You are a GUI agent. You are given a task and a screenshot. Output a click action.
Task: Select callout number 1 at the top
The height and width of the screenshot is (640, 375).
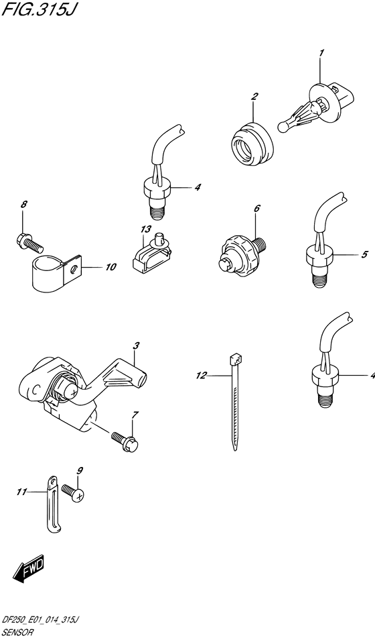tap(321, 53)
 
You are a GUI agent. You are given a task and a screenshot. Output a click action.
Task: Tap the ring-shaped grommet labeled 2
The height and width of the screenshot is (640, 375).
tap(250, 144)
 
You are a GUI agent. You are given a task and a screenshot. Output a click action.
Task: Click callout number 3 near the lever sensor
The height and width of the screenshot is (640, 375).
tap(136, 345)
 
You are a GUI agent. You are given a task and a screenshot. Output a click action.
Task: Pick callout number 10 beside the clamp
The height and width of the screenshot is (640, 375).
tap(110, 268)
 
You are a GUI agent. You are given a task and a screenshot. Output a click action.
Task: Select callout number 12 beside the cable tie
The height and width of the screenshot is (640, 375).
tap(202, 376)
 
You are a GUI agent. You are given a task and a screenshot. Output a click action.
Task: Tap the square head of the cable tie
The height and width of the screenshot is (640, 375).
tap(234, 360)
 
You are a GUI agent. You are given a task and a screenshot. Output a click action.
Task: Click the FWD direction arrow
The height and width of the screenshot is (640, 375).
tap(29, 569)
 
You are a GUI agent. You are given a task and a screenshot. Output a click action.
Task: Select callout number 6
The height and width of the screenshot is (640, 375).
tap(256, 208)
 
